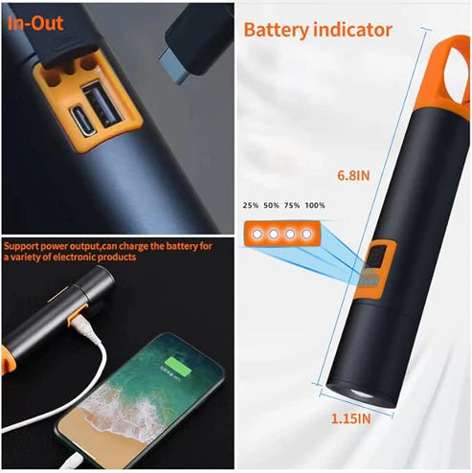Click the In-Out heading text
coord(35,23)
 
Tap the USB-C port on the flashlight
coord(82,123)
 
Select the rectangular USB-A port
coord(102,105)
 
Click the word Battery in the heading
coord(277,31)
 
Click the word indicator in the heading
coord(352,30)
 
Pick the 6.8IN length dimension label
coord(353,175)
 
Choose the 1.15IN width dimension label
coord(351,418)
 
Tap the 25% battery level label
coord(251,205)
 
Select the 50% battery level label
coord(271,205)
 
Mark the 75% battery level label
coord(292,205)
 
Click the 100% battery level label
coord(315,205)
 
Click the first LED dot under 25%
coord(258,235)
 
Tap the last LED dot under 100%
coord(306,235)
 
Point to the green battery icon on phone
coord(178,367)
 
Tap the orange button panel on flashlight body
coord(376,270)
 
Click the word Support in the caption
coord(22,246)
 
